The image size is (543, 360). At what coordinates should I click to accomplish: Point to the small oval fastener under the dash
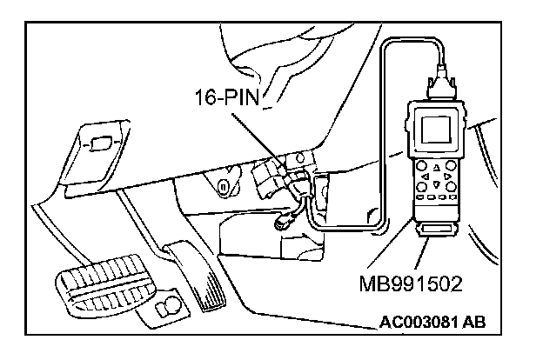223,186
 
